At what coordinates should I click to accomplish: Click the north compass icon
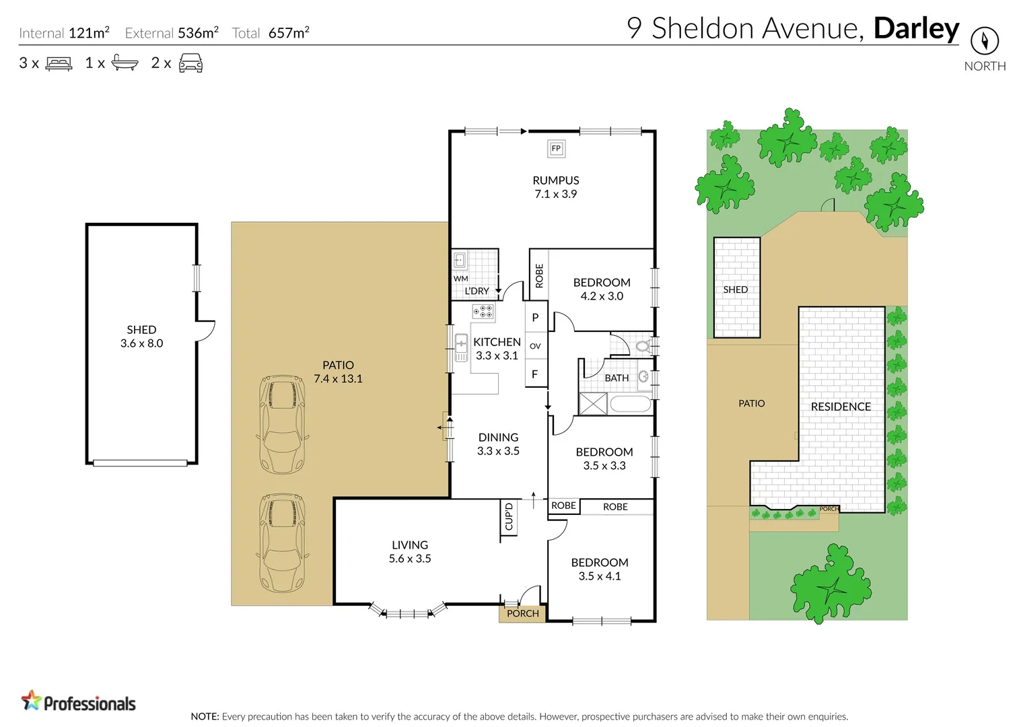click(984, 41)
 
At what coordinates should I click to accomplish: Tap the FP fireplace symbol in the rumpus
click(556, 149)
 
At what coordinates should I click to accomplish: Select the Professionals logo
click(79, 701)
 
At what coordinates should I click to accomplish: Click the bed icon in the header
click(59, 64)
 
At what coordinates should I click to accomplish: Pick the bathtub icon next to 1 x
click(125, 63)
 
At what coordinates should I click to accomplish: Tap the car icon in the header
click(190, 64)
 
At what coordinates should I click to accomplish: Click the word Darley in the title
click(916, 28)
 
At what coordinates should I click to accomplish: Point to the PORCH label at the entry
click(522, 613)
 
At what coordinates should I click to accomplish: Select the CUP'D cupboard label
click(509, 517)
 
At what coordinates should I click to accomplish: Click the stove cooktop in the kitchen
click(483, 311)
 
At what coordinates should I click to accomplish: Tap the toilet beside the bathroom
click(642, 347)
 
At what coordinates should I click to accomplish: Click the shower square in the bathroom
click(593, 404)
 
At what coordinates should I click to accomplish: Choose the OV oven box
click(535, 346)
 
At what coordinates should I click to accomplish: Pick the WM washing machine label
click(460, 278)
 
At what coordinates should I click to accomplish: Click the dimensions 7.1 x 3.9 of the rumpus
click(555, 194)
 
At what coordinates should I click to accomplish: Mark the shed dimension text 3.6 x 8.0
click(141, 343)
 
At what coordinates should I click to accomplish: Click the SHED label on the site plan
click(735, 289)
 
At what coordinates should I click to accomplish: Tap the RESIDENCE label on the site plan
click(841, 407)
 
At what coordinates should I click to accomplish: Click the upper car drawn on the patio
click(282, 424)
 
